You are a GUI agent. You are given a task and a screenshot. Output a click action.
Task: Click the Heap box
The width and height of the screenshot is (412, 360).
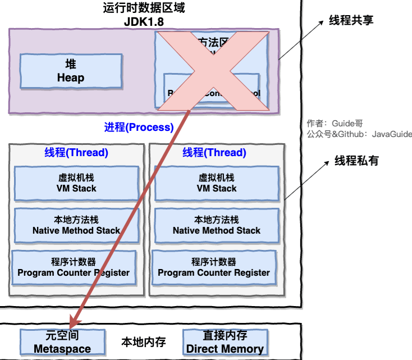coord(71,71)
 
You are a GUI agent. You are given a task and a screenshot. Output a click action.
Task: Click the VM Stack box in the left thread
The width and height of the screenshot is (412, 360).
coord(76,183)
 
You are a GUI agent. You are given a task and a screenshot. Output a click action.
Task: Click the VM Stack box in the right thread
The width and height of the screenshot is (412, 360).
coord(216,183)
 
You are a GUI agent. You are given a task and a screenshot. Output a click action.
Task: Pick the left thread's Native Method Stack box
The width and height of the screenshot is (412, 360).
coord(76,225)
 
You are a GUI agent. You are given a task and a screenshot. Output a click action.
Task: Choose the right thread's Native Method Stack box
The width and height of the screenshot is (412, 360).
coord(216,225)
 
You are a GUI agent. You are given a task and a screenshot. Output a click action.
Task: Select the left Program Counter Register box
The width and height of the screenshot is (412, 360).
coord(74,267)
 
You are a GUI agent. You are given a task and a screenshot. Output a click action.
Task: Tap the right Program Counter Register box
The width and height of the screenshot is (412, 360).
coord(214,267)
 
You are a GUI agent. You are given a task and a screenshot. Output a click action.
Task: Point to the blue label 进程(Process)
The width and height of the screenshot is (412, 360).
coord(139,127)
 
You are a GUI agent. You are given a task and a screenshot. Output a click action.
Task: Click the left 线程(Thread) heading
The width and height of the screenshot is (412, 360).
coord(76,153)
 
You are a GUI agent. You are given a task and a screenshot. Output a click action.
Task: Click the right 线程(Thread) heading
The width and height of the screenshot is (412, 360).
coord(214,153)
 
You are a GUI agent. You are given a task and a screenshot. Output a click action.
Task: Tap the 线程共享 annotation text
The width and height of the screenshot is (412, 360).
coord(351,20)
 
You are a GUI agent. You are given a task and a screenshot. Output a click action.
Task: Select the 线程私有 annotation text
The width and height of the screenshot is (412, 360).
coord(356,161)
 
